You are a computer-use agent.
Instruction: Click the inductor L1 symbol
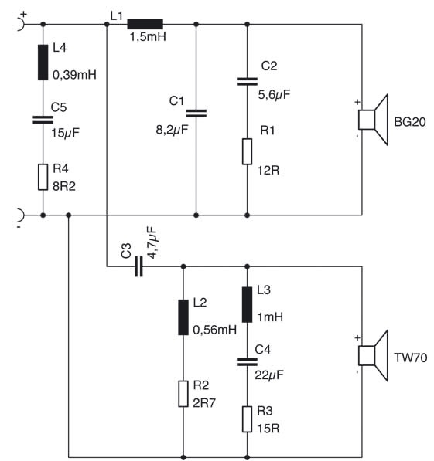145,24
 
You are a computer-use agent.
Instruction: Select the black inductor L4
43,63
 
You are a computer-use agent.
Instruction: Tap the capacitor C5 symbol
43,120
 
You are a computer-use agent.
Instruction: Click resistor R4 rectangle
43,177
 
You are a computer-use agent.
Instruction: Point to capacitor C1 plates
196,114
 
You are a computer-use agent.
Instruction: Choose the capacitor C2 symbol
248,81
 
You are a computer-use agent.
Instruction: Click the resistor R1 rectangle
248,151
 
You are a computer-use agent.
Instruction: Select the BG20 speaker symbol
374,120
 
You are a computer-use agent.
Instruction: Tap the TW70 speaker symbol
374,355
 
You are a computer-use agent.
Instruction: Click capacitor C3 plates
138,266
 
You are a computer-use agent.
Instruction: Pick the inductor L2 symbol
183,317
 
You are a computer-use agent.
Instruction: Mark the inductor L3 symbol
248,304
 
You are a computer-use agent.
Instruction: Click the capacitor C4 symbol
248,362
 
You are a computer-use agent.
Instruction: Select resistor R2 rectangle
183,394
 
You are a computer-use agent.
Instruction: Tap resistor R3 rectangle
248,419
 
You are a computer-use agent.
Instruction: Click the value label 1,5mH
148,37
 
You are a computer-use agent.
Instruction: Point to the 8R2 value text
64,186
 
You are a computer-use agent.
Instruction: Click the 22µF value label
269,375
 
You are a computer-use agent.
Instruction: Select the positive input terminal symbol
20,24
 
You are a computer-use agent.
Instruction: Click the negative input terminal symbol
20,215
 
